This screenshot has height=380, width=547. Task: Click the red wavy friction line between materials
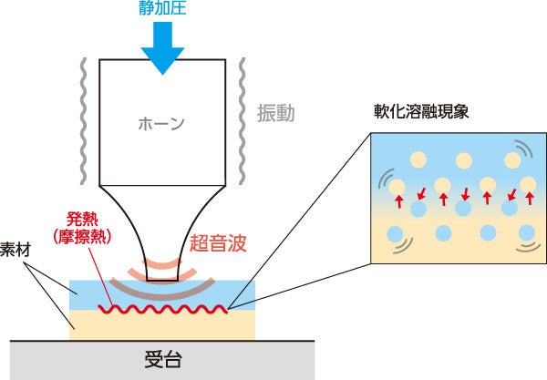point(164,309)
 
